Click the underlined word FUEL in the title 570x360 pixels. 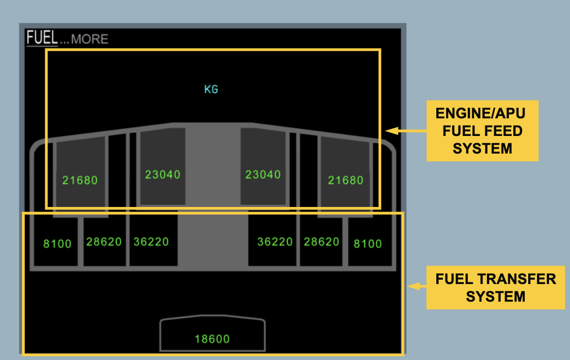tap(42, 38)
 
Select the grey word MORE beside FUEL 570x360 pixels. tap(90, 39)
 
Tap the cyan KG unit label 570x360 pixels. tap(211, 89)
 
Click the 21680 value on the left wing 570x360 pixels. tap(80, 180)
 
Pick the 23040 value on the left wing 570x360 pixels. tap(163, 174)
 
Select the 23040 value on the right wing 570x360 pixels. tap(263, 174)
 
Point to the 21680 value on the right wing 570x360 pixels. tap(346, 180)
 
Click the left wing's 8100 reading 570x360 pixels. tap(57, 244)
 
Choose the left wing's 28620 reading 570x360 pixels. tap(104, 242)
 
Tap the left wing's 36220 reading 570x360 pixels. tap(151, 242)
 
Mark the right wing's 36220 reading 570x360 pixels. tap(275, 242)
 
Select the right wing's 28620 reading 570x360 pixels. tap(322, 242)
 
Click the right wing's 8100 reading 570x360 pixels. tap(368, 244)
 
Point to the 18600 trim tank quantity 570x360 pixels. tap(212, 339)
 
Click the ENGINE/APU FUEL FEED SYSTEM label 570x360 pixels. tap(482, 130)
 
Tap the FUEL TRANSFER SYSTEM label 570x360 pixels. tap(496, 287)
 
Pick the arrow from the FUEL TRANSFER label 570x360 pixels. tap(416, 286)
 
